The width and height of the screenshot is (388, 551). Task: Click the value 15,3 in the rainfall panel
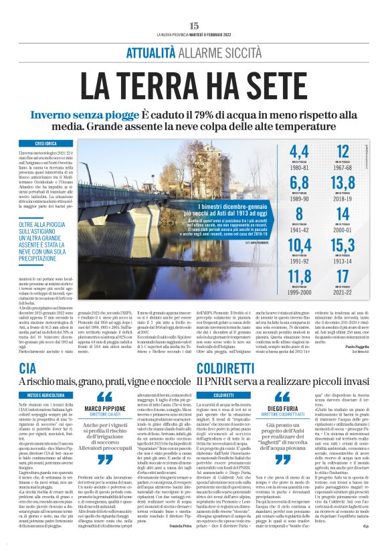point(342,245)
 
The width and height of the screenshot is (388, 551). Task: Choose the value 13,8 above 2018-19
point(342,183)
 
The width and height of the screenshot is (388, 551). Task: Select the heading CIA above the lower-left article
point(28,368)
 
